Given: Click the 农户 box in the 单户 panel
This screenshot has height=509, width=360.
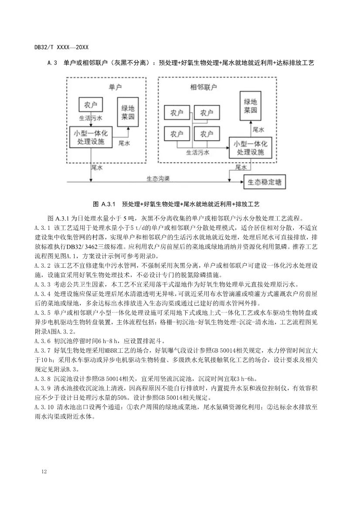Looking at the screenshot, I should [90, 105].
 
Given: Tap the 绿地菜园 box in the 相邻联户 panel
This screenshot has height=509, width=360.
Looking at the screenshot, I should [253, 106].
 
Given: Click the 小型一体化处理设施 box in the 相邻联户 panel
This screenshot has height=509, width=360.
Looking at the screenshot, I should [251, 148].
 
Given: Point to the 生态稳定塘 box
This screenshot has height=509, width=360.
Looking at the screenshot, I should [265, 182].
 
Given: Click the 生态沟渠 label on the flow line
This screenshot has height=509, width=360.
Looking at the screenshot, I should [158, 178].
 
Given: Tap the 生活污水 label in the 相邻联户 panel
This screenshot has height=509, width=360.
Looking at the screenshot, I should [198, 152].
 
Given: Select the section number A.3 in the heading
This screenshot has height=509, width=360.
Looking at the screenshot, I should [53, 63].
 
